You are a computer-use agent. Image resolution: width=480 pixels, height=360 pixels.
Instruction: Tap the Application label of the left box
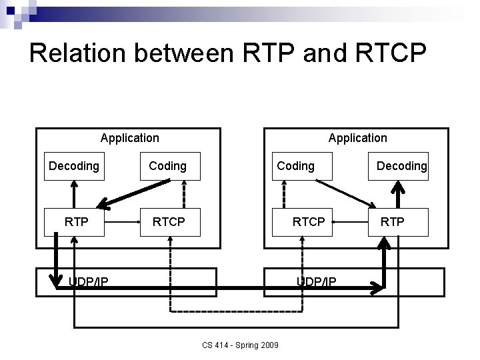point(129,138)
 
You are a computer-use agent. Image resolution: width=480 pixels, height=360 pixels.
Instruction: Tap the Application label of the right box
point(357,138)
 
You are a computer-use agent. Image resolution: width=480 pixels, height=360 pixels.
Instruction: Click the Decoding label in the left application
point(74,165)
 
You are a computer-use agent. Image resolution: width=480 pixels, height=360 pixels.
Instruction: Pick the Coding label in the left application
point(167,165)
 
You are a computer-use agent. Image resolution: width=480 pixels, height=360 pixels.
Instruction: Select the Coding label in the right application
point(295,165)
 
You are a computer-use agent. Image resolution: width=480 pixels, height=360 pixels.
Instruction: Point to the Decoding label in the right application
point(401,165)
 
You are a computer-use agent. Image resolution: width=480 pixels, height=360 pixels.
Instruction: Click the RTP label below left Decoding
point(76,221)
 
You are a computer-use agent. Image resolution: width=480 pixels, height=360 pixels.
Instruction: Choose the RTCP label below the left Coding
point(169,221)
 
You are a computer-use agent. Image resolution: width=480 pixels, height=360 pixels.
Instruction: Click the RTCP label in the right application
point(309,221)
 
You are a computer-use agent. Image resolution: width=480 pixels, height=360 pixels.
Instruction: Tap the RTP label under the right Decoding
point(392,221)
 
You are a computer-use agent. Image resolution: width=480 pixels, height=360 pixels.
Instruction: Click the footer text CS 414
point(217,345)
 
